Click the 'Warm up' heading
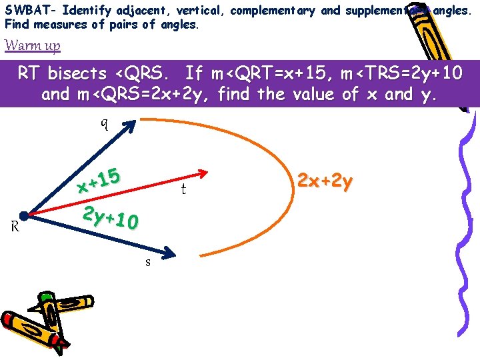point(33,46)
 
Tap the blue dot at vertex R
point(24,216)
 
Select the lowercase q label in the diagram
point(104,124)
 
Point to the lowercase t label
point(183,190)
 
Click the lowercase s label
point(147,262)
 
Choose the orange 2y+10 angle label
point(110,217)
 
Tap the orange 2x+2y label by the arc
point(324,182)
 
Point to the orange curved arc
point(280,160)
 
